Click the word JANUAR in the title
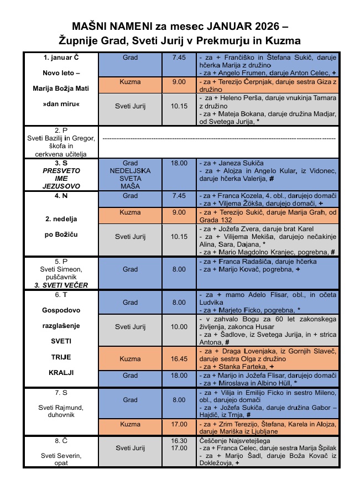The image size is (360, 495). click(x=222, y=26)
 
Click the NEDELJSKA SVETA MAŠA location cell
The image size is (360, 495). click(x=131, y=175)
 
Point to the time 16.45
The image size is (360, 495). click(x=179, y=359)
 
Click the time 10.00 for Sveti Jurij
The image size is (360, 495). click(x=179, y=327)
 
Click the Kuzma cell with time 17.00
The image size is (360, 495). click(x=131, y=424)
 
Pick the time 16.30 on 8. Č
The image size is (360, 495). click(x=179, y=440)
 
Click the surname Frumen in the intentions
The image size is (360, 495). click(x=246, y=73)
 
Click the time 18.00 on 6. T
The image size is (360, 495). click(x=179, y=375)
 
